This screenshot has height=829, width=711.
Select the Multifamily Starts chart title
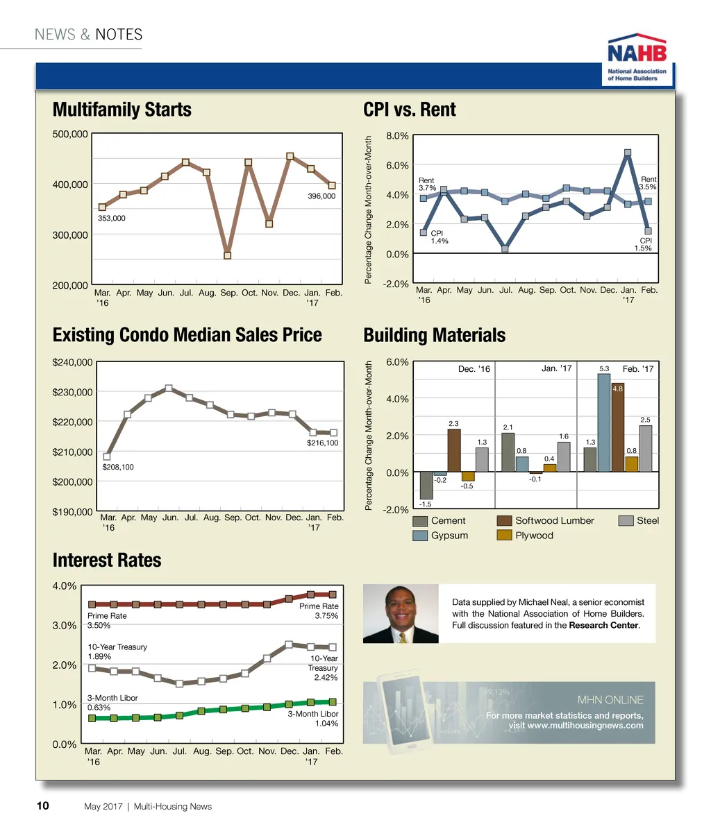point(122,110)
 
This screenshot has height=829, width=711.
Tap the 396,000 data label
point(321,196)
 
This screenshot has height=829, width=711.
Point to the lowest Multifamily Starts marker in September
point(227,255)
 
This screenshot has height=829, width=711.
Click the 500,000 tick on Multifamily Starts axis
point(70,134)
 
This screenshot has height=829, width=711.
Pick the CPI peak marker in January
point(628,153)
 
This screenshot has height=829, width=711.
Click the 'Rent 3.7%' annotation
point(426,184)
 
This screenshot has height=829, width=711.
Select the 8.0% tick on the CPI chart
point(396,136)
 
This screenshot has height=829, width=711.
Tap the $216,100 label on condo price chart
point(322,443)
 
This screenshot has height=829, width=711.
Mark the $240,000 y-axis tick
point(73,362)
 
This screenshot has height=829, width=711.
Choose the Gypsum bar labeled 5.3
point(604,422)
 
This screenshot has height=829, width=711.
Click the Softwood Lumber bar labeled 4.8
point(618,427)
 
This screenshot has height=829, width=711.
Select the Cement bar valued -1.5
point(426,485)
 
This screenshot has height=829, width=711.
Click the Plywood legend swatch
point(505,536)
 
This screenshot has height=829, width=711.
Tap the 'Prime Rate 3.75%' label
point(319,610)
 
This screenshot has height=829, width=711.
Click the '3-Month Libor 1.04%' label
point(313,719)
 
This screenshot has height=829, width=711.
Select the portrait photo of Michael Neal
point(401,613)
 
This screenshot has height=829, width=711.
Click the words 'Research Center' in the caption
point(603,625)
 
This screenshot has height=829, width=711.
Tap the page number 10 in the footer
point(42,806)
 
